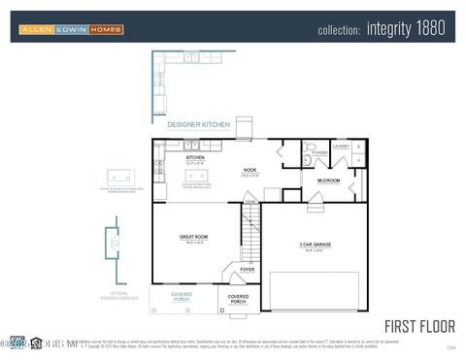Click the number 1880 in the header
(x=429, y=29)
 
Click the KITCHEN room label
(x=195, y=156)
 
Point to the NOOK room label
(x=250, y=171)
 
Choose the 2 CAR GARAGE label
(x=316, y=245)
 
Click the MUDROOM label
(x=328, y=180)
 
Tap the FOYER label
(x=248, y=269)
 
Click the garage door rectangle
(x=314, y=291)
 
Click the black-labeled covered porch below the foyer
(x=238, y=298)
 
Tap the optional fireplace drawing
(x=115, y=244)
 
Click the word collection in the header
(x=339, y=31)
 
